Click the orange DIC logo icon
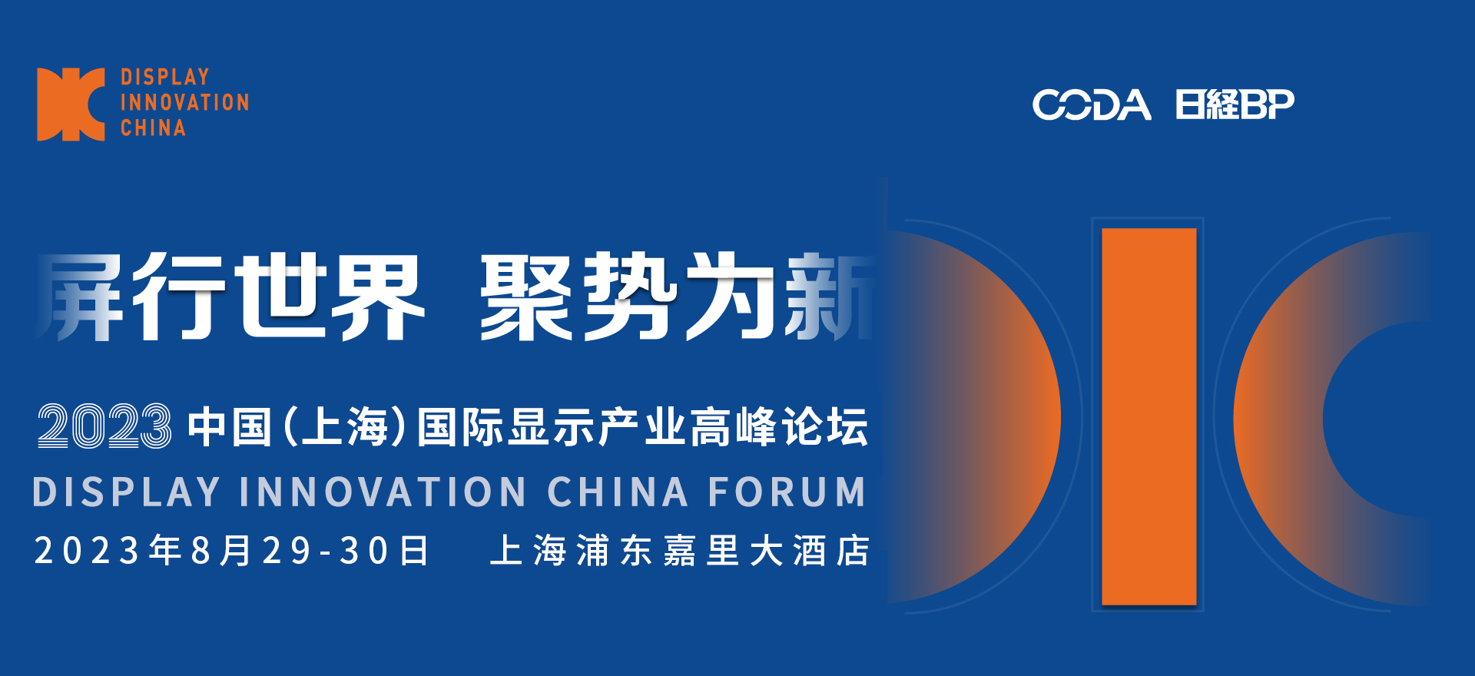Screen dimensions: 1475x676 click(71, 104)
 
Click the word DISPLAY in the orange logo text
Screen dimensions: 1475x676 click(165, 77)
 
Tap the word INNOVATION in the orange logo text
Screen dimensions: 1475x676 click(185, 102)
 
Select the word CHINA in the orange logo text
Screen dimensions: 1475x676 click(153, 128)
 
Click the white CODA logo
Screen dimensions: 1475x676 click(1092, 105)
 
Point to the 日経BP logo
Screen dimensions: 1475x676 click(1235, 105)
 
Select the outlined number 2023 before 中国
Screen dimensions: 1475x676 click(104, 426)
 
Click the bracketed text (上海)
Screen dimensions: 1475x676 click(344, 427)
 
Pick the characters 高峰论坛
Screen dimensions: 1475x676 click(779, 427)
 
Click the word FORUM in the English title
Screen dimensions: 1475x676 click(787, 492)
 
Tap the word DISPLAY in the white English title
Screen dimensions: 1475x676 click(127, 492)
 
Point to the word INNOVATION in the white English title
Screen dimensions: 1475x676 click(383, 492)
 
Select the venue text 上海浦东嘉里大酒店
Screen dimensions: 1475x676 click(680, 551)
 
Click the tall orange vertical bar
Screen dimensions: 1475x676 click(1149, 416)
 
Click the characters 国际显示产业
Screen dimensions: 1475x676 click(551, 427)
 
